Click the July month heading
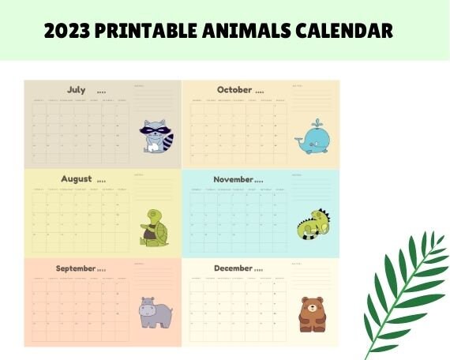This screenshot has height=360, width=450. pos(77,90)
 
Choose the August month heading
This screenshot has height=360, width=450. pos(77,179)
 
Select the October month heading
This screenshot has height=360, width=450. pos(234,90)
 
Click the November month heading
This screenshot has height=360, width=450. pos(234,179)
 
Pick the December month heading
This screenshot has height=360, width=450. pos(234,268)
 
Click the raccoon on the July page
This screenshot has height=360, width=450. pos(156,137)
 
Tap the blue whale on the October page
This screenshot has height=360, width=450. pos(312,141)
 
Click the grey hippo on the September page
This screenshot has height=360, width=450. pos(155,313)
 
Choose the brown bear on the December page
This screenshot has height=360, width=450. pos(311,314)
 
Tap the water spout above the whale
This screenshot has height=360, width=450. pos(317,123)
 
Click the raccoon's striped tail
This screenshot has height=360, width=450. pos(168,141)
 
